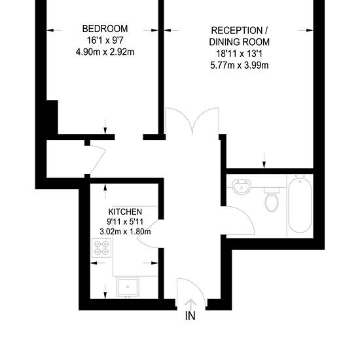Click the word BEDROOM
[105, 29]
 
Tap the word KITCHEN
[125, 211]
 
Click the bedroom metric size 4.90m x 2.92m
[105, 52]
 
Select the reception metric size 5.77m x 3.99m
[239, 65]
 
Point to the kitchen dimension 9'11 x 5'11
[125, 221]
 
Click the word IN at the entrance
[190, 316]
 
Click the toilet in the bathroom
[272, 199]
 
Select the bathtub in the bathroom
[300, 206]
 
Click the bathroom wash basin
[242, 187]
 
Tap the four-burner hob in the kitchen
[101, 248]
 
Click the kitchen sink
[128, 287]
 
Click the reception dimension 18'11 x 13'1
[239, 54]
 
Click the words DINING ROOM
[239, 42]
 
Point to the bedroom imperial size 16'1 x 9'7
[105, 41]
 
